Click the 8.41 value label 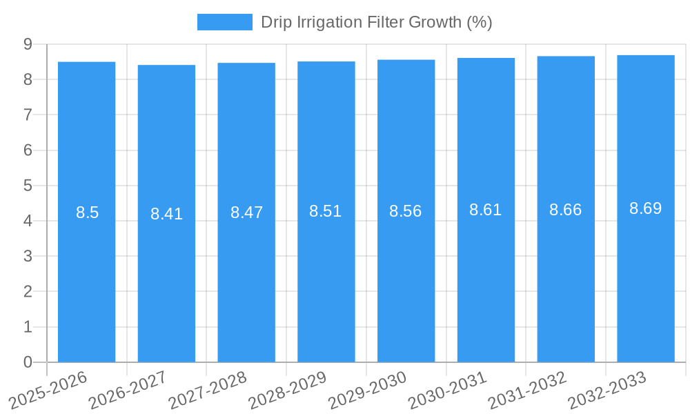click(166, 214)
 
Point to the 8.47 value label click(246, 213)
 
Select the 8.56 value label click(406, 211)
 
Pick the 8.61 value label click(486, 210)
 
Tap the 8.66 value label click(566, 210)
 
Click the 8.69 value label click(646, 208)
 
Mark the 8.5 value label click(88, 213)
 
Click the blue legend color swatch click(225, 22)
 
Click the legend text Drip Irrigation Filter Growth click(376, 22)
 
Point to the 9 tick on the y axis click(28, 44)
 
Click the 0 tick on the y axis click(28, 362)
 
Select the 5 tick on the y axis click(28, 186)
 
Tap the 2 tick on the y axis click(28, 292)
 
